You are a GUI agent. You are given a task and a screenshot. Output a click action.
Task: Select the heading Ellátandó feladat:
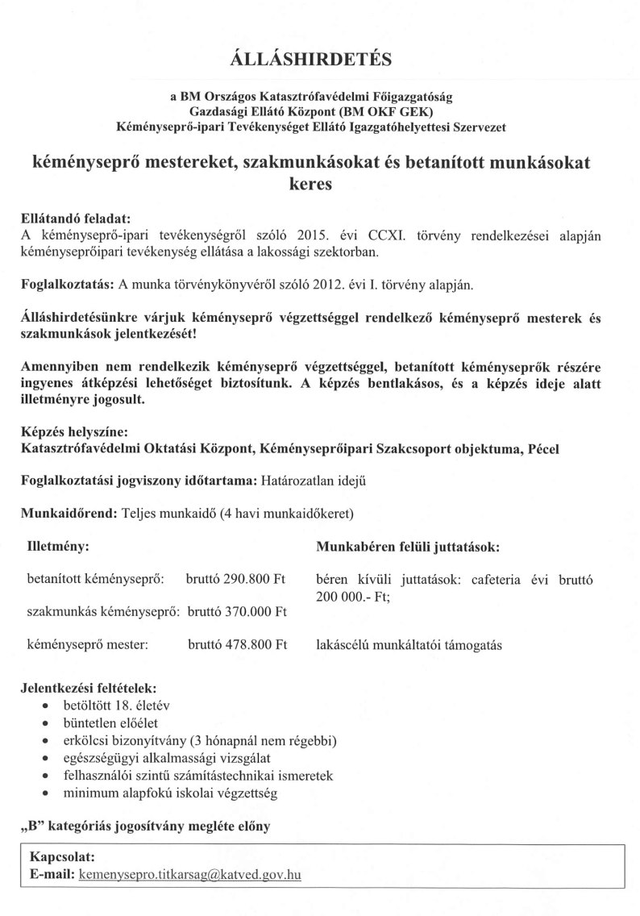coord(74,219)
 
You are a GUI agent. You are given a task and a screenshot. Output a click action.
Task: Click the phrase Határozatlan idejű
coord(313,481)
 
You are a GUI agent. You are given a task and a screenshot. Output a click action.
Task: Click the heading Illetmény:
coord(58,546)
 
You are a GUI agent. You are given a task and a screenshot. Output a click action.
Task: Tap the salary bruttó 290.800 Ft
coord(236,579)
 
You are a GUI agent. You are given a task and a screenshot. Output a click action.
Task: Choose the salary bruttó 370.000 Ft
coord(236,612)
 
